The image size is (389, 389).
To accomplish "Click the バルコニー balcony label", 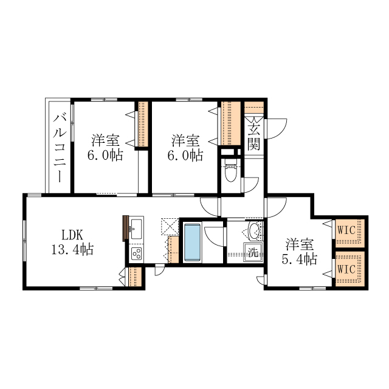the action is pos(60,148).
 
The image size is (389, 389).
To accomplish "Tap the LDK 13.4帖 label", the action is pos(72,242).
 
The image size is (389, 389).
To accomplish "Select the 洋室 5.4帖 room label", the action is pos(300,252).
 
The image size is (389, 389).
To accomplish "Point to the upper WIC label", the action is pos(346,230).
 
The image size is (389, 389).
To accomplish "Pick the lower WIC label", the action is pos(346,269).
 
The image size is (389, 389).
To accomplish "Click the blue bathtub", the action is pos(192,243).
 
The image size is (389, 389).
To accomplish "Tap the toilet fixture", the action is pos(231,171).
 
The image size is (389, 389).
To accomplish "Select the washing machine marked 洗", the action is pos(253,252).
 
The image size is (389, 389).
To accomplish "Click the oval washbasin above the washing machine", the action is pos(254,231).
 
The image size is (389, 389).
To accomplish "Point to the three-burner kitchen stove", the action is pos(136,253).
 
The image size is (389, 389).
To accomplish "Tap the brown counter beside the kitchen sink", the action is pos(125,229).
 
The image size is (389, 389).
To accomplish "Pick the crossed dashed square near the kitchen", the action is pos(170,226).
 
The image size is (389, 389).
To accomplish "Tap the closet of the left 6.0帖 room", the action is pos(143,124).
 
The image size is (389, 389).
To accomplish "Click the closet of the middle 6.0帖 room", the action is pos(231,123).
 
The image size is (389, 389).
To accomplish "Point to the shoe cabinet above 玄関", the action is pos(254,108).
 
